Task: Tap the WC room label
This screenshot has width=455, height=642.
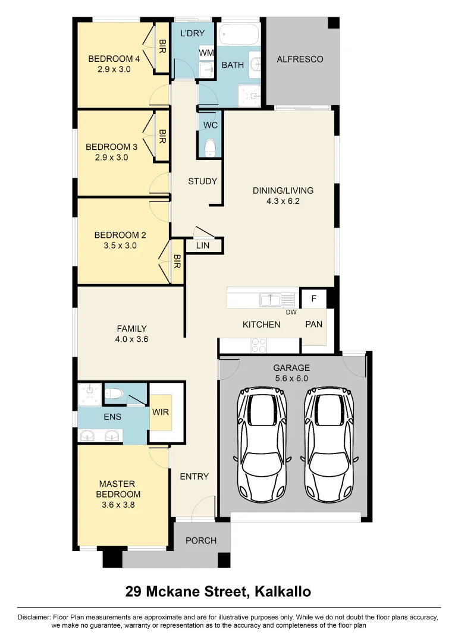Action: tap(210, 125)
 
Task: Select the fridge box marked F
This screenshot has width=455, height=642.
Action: tap(313, 299)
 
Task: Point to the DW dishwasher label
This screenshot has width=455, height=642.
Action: tap(291, 312)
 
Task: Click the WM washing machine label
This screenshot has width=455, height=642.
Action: tap(206, 53)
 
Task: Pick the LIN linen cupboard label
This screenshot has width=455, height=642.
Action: tap(203, 244)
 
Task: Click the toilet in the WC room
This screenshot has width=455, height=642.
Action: tap(210, 147)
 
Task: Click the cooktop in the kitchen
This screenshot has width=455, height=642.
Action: tap(259, 345)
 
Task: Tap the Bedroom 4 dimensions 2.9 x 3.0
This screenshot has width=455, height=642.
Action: tap(114, 69)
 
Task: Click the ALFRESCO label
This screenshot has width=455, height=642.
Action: tap(300, 59)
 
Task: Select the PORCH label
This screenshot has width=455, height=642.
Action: tap(201, 540)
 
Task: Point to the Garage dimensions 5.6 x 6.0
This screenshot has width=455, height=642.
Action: tap(291, 378)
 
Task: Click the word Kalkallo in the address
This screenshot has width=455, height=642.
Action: tap(283, 591)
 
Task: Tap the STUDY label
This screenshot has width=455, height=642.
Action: tap(202, 181)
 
